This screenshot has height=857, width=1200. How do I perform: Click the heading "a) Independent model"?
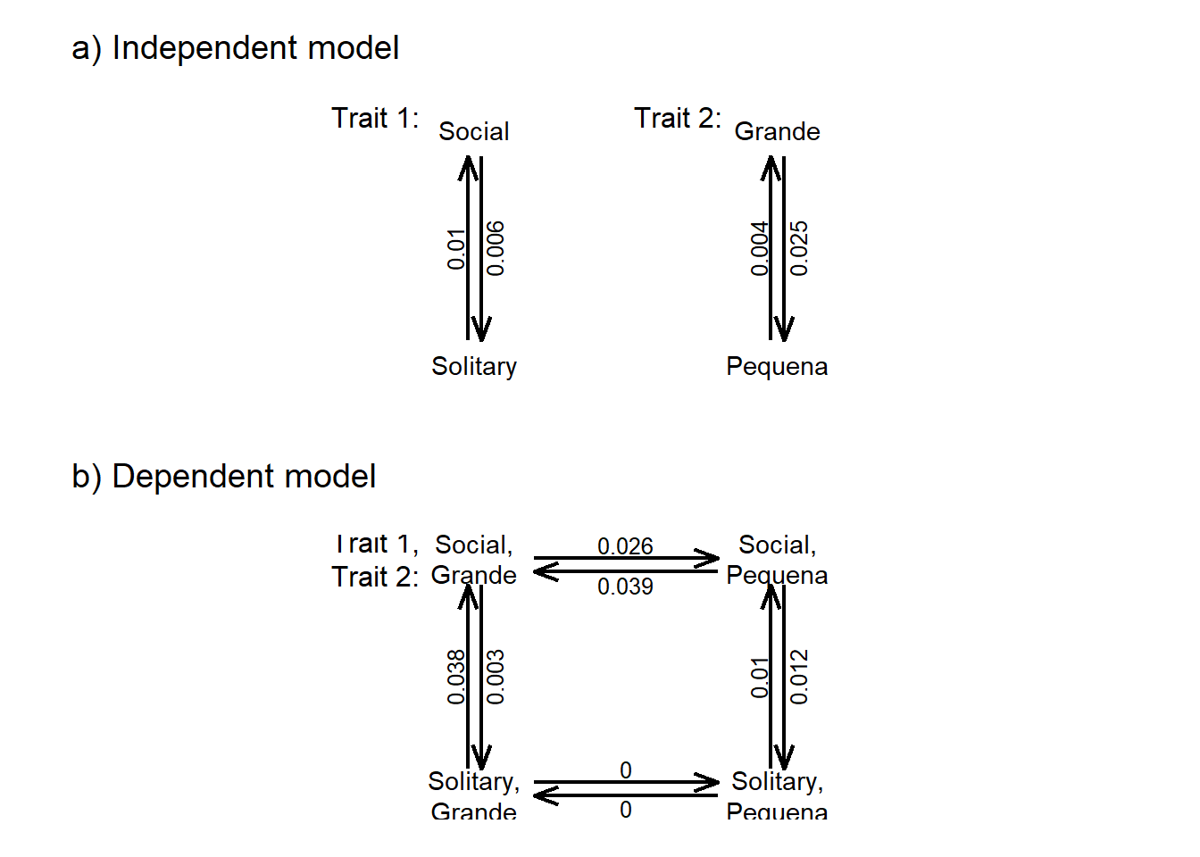pos(235,48)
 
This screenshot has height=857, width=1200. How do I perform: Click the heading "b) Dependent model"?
pos(223,477)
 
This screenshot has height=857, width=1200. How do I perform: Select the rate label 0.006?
pos(496,248)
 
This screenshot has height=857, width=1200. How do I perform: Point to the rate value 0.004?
pos(759,248)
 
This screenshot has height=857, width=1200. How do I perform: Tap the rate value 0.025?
pos(799,248)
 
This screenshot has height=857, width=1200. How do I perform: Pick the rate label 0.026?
pos(625,545)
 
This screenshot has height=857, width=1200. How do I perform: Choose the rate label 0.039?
pos(625,587)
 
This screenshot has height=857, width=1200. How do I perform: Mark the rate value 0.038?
pos(456,677)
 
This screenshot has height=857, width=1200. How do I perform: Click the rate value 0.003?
pos(496,677)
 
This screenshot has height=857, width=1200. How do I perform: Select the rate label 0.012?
pos(799,677)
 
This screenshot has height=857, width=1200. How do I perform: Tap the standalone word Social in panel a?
pos(474,132)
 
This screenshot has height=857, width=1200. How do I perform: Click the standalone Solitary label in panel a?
pos(474,367)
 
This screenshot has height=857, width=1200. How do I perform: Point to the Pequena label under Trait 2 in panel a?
pos(777,367)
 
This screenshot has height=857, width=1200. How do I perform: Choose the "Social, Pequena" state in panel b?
pos(777,560)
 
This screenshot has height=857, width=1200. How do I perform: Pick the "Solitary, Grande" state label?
pos(474,796)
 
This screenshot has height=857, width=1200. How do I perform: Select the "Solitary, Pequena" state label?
pos(777,796)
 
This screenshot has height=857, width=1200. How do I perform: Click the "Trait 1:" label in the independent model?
pos(375,118)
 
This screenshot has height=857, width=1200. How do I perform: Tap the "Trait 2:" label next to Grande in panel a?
pos(678,118)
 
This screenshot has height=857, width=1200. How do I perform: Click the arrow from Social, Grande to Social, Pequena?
pos(625,559)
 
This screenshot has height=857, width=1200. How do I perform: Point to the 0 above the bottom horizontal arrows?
pos(626,770)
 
